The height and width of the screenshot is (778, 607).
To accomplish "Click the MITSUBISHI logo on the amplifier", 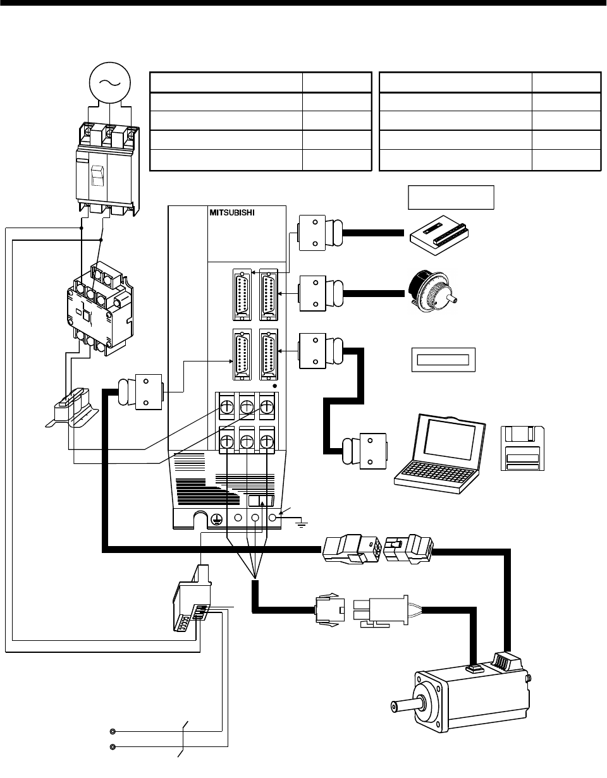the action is pyautogui.click(x=231, y=212).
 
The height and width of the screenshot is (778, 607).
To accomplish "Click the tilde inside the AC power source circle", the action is pyautogui.click(x=109, y=83).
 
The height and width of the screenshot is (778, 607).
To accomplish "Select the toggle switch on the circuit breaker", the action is pyautogui.click(x=97, y=176).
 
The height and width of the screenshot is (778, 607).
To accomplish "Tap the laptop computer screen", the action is pyautogui.click(x=450, y=439).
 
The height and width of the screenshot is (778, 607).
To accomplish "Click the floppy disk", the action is pyautogui.click(x=522, y=448).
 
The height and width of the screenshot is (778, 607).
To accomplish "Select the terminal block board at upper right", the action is pyautogui.click(x=439, y=235).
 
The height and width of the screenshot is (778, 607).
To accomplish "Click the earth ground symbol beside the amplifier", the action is pyautogui.click(x=302, y=525).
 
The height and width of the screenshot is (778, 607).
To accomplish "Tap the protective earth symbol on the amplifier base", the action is pyautogui.click(x=215, y=518).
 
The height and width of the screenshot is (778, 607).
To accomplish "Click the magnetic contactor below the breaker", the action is pyautogui.click(x=100, y=310).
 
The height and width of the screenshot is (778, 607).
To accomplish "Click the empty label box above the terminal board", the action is pyautogui.click(x=451, y=197).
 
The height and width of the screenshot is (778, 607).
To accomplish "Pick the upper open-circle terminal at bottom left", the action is pyautogui.click(x=113, y=731).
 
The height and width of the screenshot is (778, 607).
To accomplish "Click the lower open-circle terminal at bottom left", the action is pyautogui.click(x=113, y=747).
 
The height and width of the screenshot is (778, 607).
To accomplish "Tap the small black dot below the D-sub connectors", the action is pyautogui.click(x=274, y=386).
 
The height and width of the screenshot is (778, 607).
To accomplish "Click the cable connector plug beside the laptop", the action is pyautogui.click(x=365, y=451).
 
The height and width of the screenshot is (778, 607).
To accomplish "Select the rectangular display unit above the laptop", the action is pyautogui.click(x=443, y=360).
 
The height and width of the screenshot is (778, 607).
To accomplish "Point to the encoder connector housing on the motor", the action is pyautogui.click(x=508, y=662).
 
